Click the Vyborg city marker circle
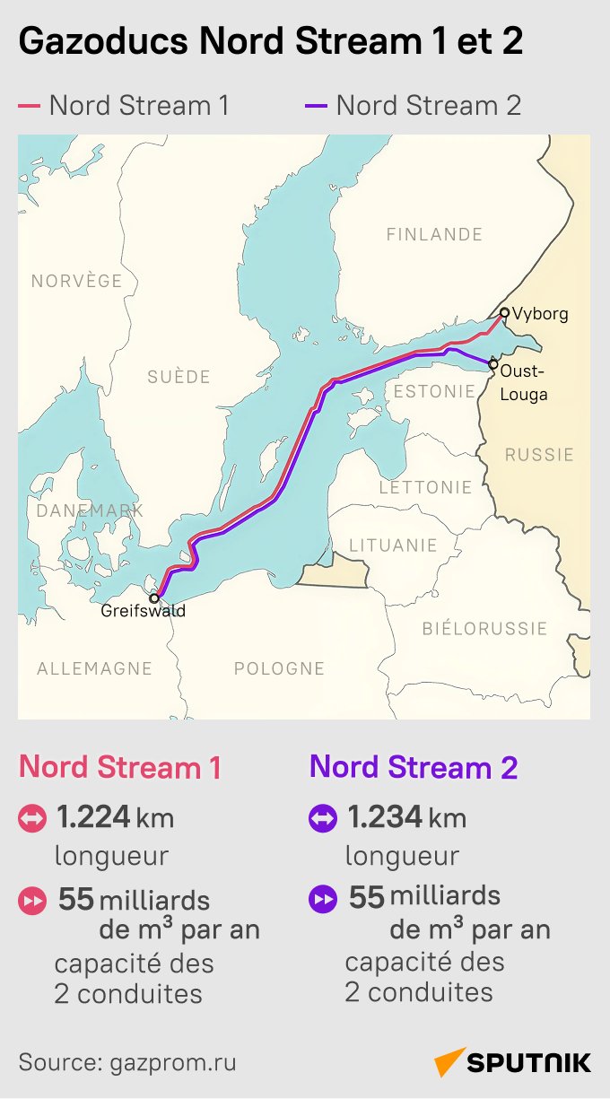click(504, 313)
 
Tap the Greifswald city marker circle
click(154, 597)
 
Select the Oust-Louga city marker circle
click(492, 364)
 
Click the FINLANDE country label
click(434, 234)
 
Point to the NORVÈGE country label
click(76, 281)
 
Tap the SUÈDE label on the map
click(179, 377)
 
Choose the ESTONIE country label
click(434, 391)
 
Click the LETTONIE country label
click(425, 487)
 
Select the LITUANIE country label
click(393, 545)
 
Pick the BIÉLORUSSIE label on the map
click(484, 628)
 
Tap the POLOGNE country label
click(279, 668)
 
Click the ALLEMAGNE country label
click(94, 668)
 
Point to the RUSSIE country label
click(539, 454)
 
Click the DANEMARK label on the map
click(90, 510)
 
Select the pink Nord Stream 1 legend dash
click(29, 107)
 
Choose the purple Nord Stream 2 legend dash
click(316, 107)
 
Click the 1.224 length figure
click(95, 817)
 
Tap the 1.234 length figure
click(385, 817)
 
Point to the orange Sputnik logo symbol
click(450, 1062)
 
